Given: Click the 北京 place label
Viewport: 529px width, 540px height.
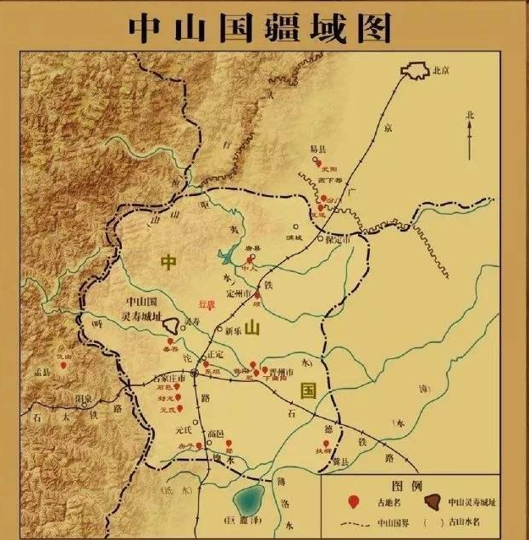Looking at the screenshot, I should coord(440,71).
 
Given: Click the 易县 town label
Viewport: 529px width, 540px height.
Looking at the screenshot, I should coord(317,149).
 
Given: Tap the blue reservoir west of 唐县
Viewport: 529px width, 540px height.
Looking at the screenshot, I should coord(229,256).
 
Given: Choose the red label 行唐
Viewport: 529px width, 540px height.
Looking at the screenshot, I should coord(207,303).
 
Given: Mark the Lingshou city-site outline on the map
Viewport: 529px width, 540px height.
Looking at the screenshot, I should coord(173,324).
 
